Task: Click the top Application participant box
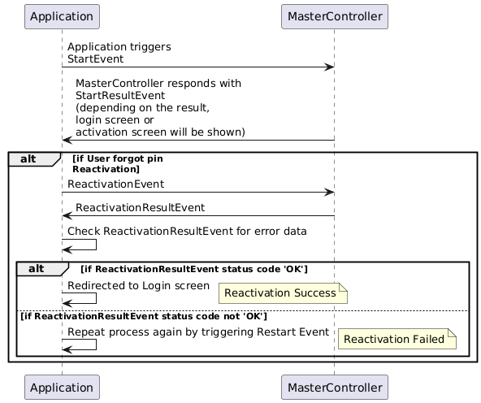pyautogui.click(x=62, y=16)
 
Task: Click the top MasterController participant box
pyautogui.click(x=335, y=16)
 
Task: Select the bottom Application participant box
pyautogui.click(x=62, y=387)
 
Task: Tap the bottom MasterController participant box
pyautogui.click(x=335, y=387)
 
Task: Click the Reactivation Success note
pyautogui.click(x=283, y=293)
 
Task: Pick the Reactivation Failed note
pyautogui.click(x=397, y=339)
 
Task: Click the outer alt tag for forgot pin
pyautogui.click(x=34, y=159)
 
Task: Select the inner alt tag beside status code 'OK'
pyautogui.click(x=42, y=269)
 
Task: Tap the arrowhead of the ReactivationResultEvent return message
pyautogui.click(x=67, y=216)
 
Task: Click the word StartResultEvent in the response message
pyautogui.click(x=120, y=95)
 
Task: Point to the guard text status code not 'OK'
pyautogui.click(x=214, y=316)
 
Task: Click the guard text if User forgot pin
pyautogui.click(x=118, y=158)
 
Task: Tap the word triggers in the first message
pyautogui.click(x=150, y=47)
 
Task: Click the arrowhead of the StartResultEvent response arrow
pyautogui.click(x=67, y=141)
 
